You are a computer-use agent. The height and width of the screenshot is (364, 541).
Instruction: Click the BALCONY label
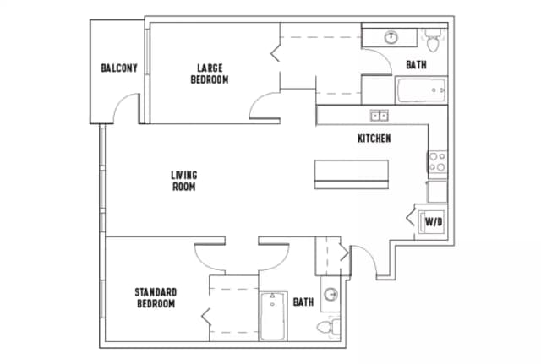pos(118,68)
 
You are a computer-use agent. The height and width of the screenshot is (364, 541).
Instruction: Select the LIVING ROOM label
pos(183,181)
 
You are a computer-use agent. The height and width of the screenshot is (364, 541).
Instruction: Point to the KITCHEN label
pos(374,139)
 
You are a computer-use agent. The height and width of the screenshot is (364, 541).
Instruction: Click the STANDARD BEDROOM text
pos(156,297)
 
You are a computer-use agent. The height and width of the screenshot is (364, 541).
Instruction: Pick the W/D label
pos(434,222)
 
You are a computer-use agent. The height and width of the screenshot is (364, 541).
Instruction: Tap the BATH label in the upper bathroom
pos(416,65)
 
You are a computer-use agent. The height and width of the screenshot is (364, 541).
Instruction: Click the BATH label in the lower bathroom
pos(303,302)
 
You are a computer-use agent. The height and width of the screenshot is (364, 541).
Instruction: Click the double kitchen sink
pos(379,115)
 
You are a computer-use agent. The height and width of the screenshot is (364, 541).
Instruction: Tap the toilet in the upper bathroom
pos(433,38)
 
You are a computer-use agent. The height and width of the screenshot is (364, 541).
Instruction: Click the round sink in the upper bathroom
pos(391,37)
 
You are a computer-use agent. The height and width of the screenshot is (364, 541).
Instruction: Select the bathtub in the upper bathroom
pos(420,90)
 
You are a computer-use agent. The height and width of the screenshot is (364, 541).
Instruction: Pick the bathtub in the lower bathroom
pos(273,316)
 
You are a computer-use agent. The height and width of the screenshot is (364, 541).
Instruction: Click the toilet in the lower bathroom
pos(326,326)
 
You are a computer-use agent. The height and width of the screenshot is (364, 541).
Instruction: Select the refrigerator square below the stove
pos(437,191)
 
